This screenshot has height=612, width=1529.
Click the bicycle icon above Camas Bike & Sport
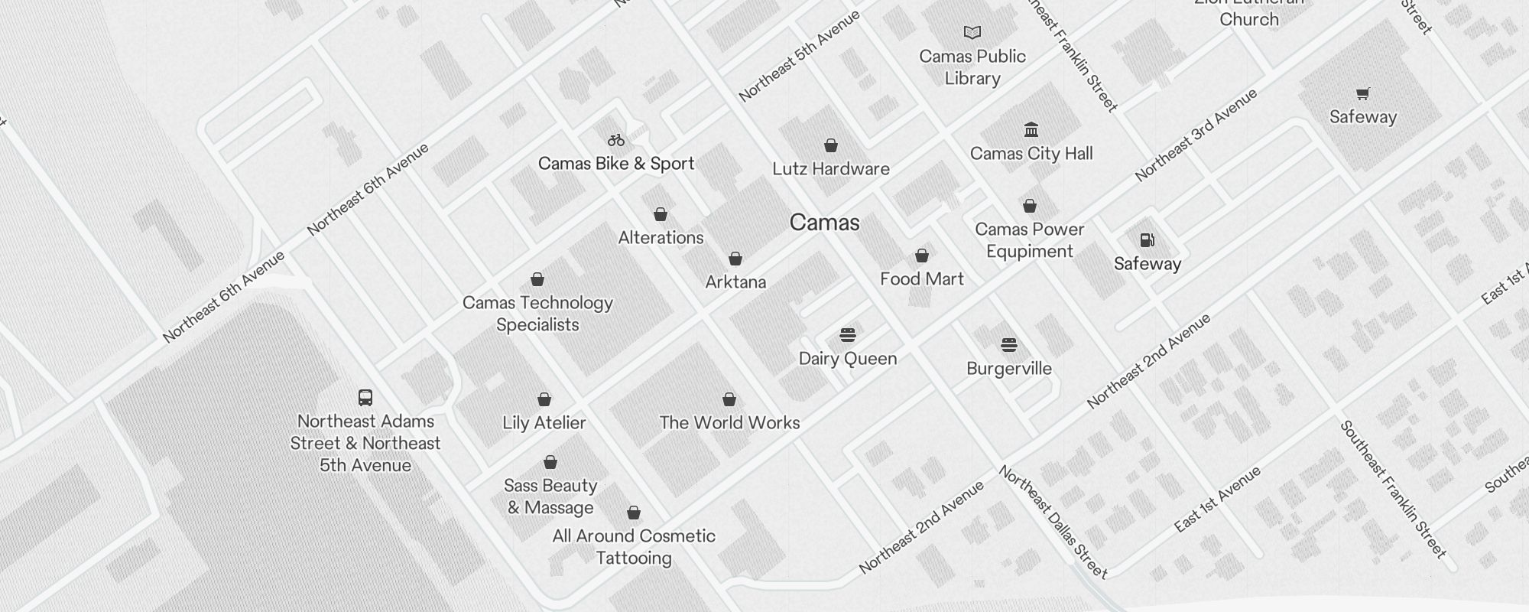tap(616, 140)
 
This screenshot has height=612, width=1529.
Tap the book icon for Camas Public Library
tap(972, 33)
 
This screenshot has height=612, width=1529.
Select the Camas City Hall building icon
tap(1031, 129)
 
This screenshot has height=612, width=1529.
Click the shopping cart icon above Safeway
tap(1363, 94)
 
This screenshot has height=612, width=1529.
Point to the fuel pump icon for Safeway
tap(1148, 240)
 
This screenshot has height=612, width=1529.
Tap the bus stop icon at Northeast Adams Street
tap(365, 398)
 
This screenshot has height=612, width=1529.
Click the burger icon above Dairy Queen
tap(848, 335)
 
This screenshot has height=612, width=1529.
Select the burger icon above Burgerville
tap(1009, 345)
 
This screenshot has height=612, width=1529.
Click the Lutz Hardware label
tap(831, 169)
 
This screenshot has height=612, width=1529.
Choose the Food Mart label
tap(922, 279)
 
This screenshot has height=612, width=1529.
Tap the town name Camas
tap(824, 223)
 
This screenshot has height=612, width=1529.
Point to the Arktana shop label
tap(735, 282)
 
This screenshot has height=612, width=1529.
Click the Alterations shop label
tap(661, 238)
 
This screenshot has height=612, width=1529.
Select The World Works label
tap(729, 423)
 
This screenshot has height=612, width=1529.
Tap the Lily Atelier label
tap(544, 423)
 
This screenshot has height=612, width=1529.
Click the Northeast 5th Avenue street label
tap(800, 57)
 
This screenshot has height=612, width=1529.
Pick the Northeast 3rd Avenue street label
tap(1196, 135)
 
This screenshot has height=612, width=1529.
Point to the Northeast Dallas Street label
tap(1053, 522)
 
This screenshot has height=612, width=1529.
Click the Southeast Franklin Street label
tap(1393, 490)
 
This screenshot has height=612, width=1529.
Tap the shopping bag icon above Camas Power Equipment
tap(1030, 206)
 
